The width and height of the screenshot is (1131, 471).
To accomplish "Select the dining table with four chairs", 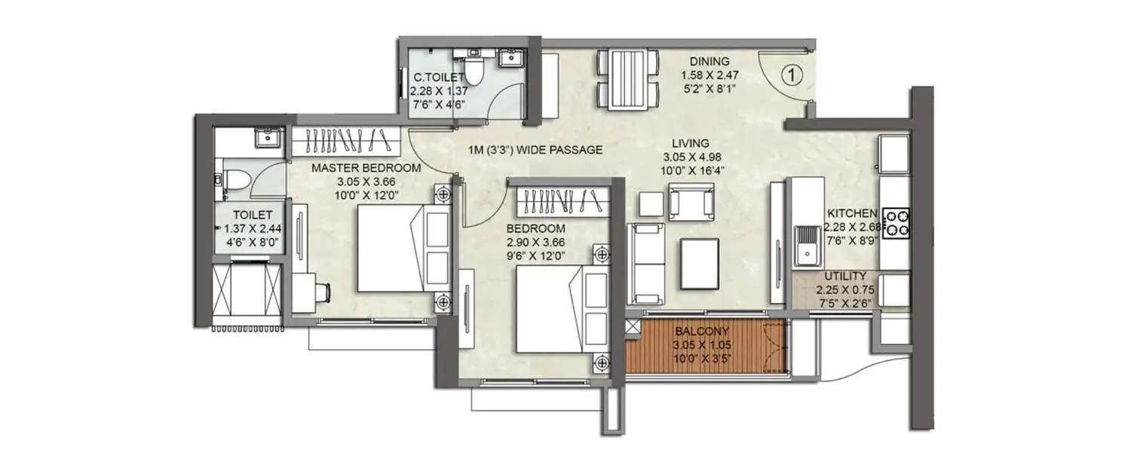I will [x=627, y=79].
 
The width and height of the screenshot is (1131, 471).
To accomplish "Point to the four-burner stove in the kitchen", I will [x=896, y=222].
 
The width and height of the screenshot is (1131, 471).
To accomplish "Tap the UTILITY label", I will [x=844, y=277].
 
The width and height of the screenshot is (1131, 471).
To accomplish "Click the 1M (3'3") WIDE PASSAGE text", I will [x=535, y=150].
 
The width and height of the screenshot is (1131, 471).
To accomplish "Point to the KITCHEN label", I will [x=851, y=213].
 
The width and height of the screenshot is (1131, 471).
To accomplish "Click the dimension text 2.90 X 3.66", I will [x=535, y=243].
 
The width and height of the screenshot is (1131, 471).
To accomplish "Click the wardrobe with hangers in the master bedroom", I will [x=345, y=139].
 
